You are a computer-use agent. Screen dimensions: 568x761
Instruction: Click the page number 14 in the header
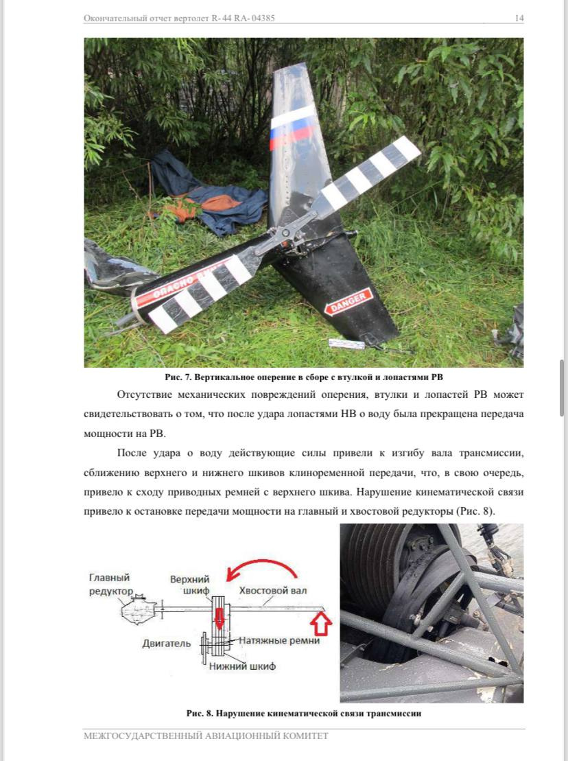coord(519,19)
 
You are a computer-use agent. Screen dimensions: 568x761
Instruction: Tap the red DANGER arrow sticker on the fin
coord(348,301)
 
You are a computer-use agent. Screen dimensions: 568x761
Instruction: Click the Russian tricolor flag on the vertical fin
coord(292,127)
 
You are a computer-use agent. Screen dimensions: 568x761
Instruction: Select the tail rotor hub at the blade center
coord(285,235)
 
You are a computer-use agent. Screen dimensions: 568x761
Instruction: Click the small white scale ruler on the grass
coord(346,344)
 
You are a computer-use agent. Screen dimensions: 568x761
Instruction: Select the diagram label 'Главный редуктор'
coord(110,585)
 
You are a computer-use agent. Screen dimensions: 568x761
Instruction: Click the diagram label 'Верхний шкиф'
coord(189,585)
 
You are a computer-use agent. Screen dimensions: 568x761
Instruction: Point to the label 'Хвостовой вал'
coord(272,591)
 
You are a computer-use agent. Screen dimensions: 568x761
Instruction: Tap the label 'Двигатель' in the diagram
coord(167,644)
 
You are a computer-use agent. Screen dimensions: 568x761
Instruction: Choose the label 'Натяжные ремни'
coord(279,641)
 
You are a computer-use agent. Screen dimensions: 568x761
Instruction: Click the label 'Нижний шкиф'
coord(242,666)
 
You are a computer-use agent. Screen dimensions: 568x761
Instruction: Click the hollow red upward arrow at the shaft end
coord(321,624)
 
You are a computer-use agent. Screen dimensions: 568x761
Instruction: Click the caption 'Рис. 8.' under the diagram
coord(200,714)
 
